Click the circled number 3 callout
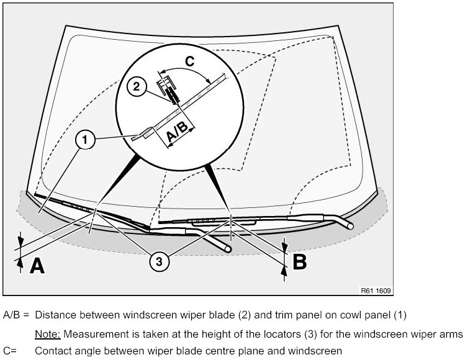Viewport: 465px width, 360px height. pos(160,262)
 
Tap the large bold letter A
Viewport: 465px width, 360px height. pos(37,266)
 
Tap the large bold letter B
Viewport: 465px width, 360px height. pos(299,262)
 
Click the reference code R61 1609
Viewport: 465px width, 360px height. pos(376,289)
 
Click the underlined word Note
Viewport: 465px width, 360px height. pos(47,333)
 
